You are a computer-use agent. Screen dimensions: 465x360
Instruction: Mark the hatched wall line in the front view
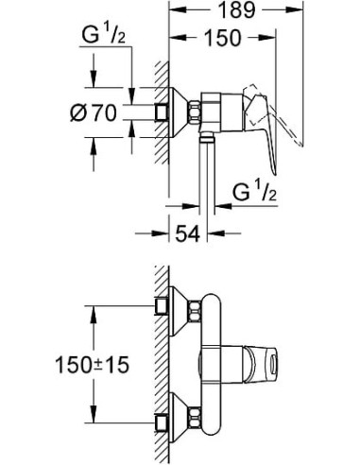point(159,359)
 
